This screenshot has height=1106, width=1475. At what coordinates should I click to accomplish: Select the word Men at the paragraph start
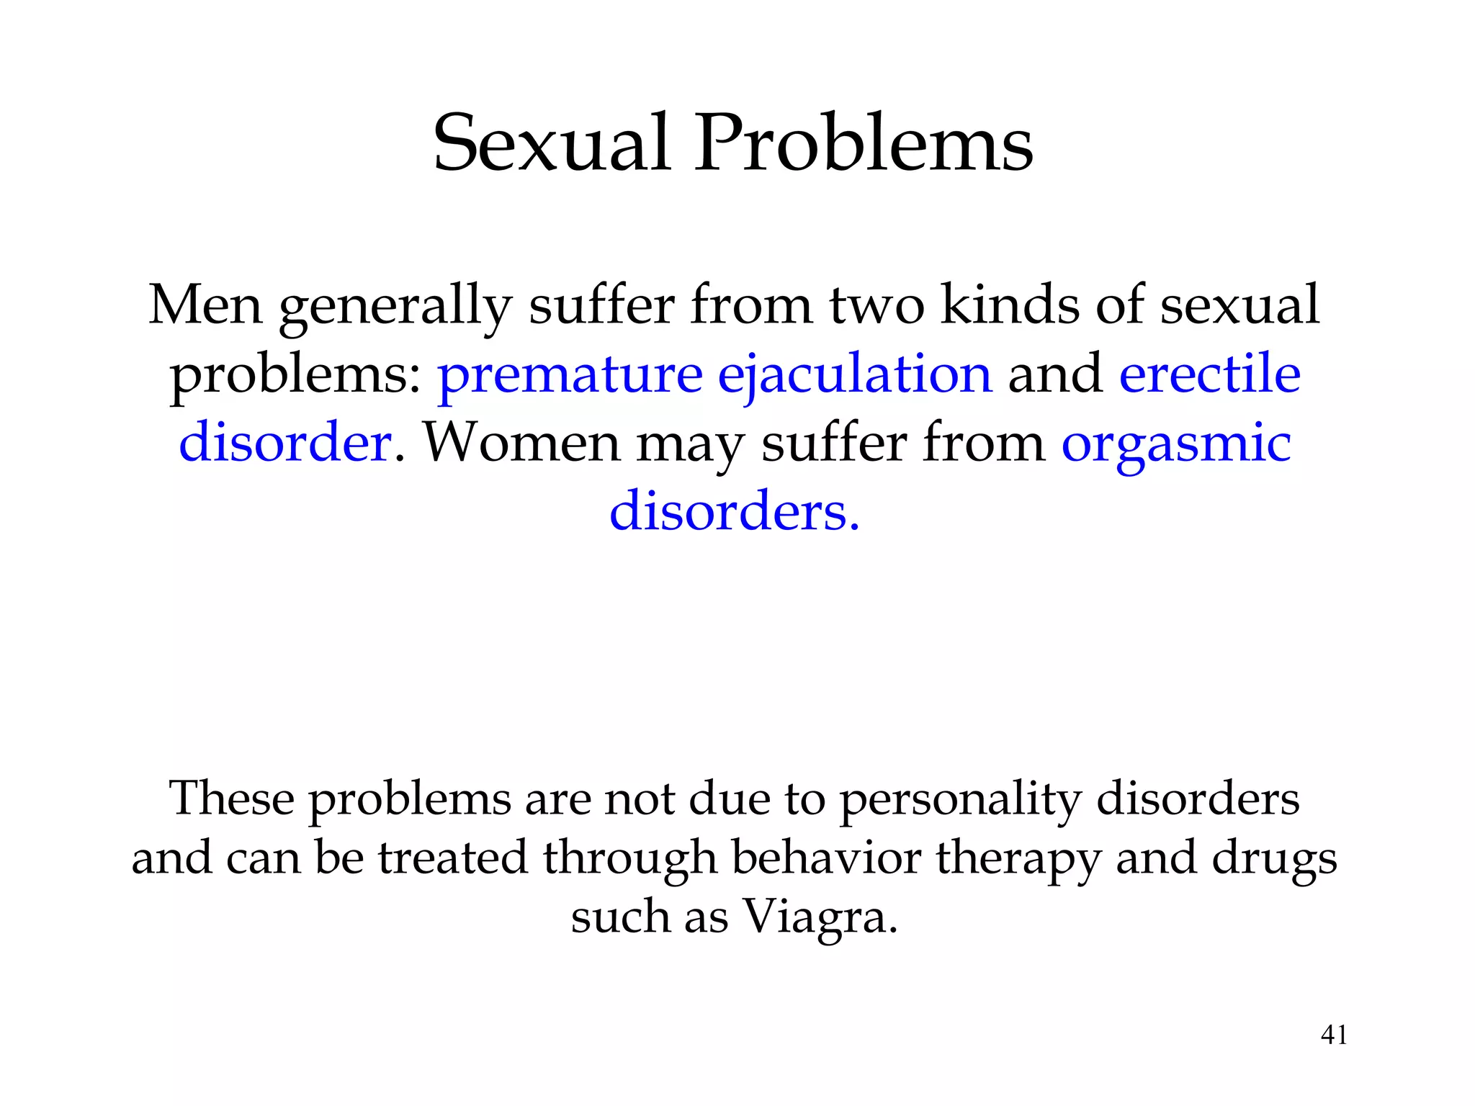[x=205, y=305]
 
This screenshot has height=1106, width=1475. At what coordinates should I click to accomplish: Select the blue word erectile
[x=1210, y=374]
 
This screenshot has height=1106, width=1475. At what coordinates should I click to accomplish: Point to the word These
[x=231, y=799]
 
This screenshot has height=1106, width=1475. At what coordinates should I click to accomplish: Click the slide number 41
[x=1334, y=1035]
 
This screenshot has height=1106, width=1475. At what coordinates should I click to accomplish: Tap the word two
[x=877, y=305]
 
